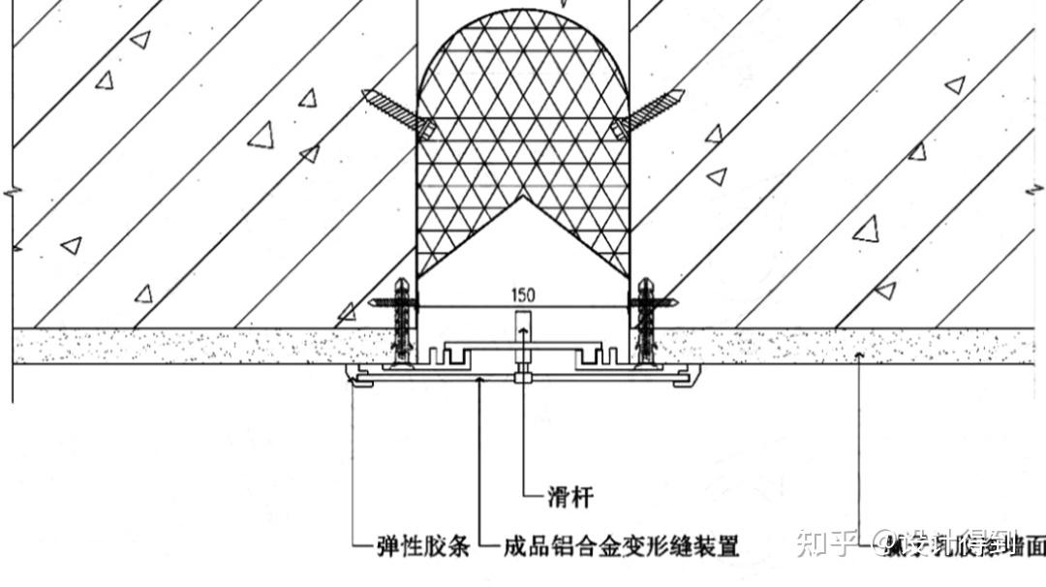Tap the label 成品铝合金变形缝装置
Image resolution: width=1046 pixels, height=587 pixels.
(621, 547)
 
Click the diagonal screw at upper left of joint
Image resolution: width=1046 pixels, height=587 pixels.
(396, 111)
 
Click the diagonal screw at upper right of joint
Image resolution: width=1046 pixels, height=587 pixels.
(649, 111)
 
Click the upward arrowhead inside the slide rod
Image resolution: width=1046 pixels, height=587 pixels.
(522, 332)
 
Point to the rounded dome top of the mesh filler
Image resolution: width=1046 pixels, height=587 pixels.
(523, 39)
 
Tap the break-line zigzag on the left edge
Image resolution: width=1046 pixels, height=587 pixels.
(11, 193)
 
